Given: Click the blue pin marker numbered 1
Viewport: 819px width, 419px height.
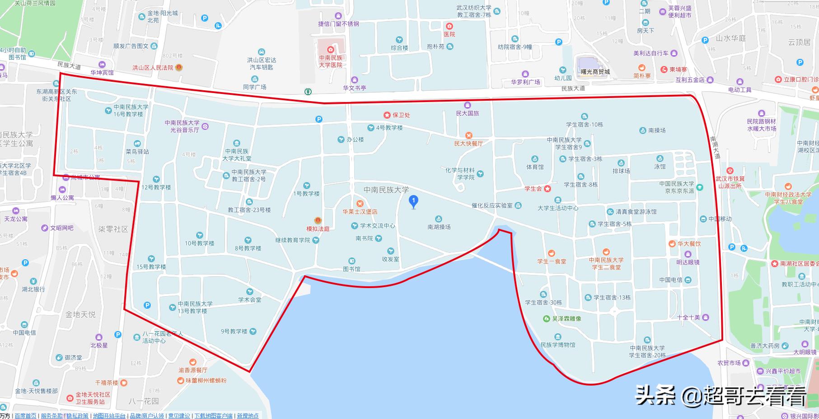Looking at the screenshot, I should tap(413, 201).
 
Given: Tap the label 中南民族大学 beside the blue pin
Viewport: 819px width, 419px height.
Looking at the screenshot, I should tap(386, 190).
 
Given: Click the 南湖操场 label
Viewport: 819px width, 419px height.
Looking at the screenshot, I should tap(439, 227).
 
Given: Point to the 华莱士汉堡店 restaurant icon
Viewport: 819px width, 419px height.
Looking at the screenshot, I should tap(360, 203).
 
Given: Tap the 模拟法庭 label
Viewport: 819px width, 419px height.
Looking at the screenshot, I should tap(318, 229).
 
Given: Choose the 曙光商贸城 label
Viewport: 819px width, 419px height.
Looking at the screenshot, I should tap(595, 72).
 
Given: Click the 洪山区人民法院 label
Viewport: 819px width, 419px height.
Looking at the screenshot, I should tap(153, 68).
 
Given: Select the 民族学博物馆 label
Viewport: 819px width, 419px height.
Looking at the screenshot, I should tap(558, 345).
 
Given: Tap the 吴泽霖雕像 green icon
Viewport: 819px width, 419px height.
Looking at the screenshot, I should tap(546, 318).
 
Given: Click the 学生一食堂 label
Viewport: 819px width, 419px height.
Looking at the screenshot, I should tap(552, 261).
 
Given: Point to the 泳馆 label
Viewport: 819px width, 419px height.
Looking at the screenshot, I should tap(660, 167).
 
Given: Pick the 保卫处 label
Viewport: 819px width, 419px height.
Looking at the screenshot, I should tap(401, 115).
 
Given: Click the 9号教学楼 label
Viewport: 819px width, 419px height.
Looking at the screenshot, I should tap(234, 331).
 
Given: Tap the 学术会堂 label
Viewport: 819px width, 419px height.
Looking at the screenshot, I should tap(250, 300).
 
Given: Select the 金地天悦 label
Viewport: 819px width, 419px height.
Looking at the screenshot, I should tap(80, 314).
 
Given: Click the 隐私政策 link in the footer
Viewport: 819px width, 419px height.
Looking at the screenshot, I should tap(77, 416).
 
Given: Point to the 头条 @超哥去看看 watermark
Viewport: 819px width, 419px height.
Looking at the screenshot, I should tap(721, 396).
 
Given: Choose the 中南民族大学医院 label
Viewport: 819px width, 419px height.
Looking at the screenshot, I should tap(331, 61).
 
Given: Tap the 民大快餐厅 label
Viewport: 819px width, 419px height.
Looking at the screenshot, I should tap(468, 144).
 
